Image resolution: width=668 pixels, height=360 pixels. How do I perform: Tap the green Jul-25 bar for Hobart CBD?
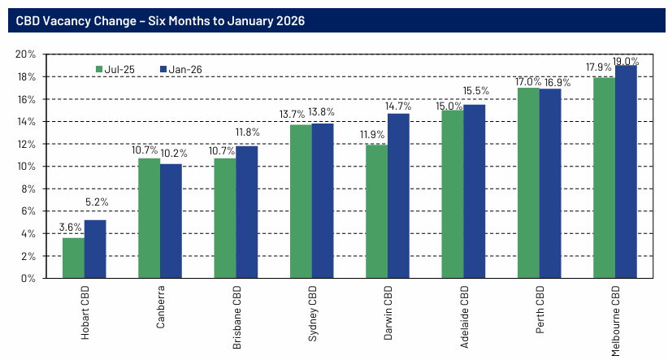point(73,258)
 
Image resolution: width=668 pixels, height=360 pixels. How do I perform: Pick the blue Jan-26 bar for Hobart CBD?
point(95,249)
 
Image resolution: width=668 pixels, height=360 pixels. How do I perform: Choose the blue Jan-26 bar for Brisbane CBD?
point(246,212)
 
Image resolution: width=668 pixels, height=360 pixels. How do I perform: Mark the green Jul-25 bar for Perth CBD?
point(528,183)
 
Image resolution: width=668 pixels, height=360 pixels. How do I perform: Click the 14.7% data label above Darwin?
point(398,106)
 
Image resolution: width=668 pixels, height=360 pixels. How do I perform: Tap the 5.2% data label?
point(96,202)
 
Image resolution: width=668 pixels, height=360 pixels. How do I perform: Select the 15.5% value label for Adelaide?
point(475,91)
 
